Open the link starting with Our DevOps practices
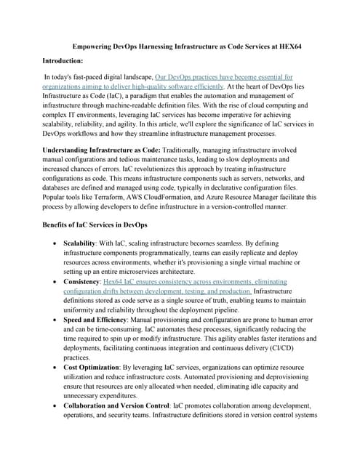point(224,76)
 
